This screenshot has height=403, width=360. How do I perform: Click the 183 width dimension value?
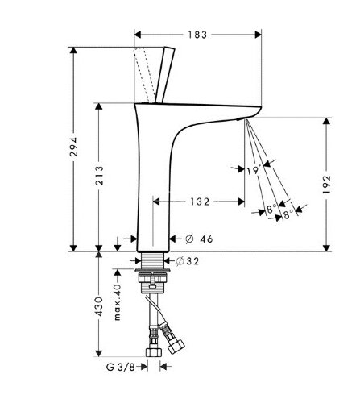(x=197, y=35)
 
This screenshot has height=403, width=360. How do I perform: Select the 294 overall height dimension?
(x=73, y=147)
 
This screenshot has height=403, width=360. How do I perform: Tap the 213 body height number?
(x=99, y=175)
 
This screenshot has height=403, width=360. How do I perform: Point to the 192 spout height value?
(x=326, y=185)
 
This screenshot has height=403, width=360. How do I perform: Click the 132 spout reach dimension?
(x=200, y=201)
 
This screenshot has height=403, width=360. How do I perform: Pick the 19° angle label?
(x=254, y=169)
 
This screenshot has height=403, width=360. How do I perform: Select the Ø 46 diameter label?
(x=199, y=239)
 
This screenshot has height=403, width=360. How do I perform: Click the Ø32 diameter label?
(x=188, y=261)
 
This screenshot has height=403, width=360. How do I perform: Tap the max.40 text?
(x=118, y=302)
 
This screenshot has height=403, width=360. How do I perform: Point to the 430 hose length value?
(x=99, y=306)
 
